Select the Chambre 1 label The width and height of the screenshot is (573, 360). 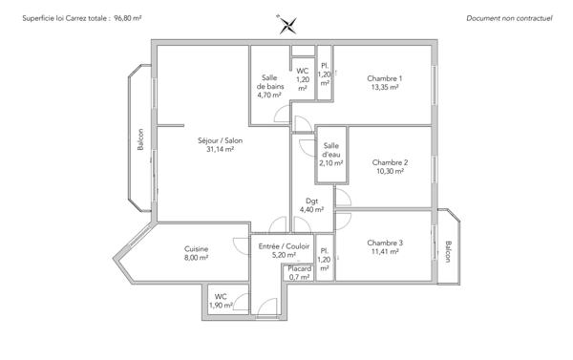(387, 78)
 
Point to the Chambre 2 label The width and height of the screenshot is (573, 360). (390, 162)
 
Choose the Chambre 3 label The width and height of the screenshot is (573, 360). (385, 243)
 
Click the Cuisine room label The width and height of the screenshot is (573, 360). (197, 249)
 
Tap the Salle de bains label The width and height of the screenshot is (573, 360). (269, 81)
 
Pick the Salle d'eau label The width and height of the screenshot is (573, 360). (331, 150)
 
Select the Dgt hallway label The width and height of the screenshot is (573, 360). (311, 201)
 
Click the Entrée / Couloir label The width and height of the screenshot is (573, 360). (285, 246)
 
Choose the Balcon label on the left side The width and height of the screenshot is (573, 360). (139, 139)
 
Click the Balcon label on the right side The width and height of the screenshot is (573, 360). (448, 252)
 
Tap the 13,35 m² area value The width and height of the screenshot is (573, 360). (387, 88)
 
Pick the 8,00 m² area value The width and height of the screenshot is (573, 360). (197, 258)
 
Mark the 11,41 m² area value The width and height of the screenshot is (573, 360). (385, 252)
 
